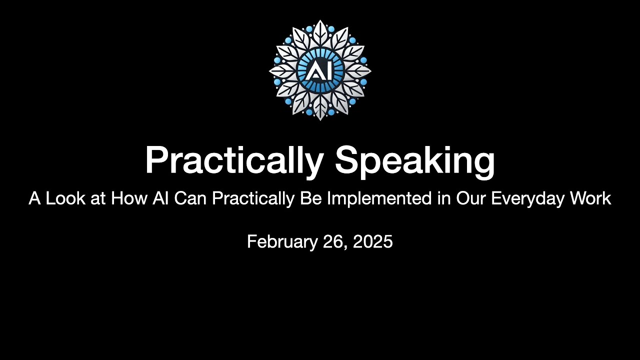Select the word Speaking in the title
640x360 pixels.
click(x=415, y=161)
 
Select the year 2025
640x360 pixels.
click(x=372, y=242)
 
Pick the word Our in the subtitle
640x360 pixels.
click(x=471, y=198)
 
